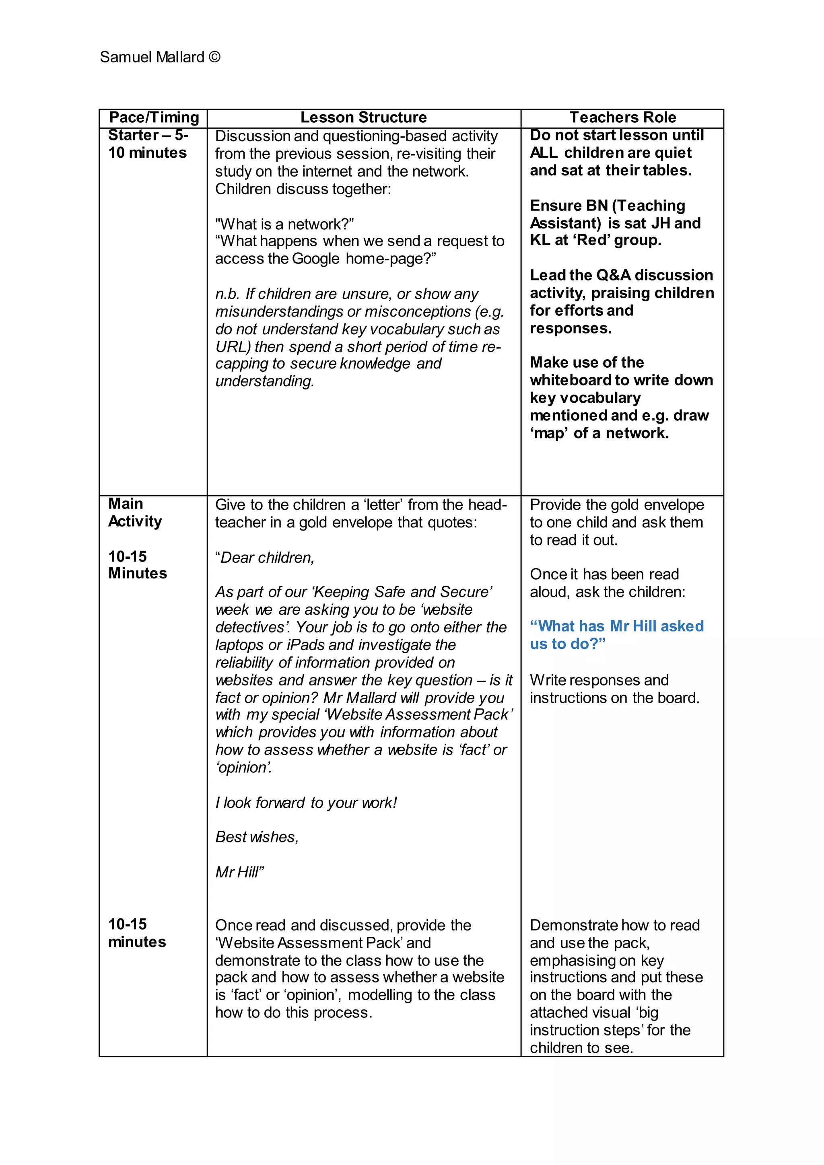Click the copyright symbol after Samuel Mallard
click(x=214, y=57)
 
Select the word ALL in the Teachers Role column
click(x=544, y=153)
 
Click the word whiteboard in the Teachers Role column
click(x=570, y=381)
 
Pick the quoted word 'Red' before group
click(x=591, y=240)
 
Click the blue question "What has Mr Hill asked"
click(x=616, y=626)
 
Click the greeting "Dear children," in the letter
click(x=265, y=558)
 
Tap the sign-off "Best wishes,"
click(x=257, y=837)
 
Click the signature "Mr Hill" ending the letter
click(x=239, y=872)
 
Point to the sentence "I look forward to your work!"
click(x=306, y=803)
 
